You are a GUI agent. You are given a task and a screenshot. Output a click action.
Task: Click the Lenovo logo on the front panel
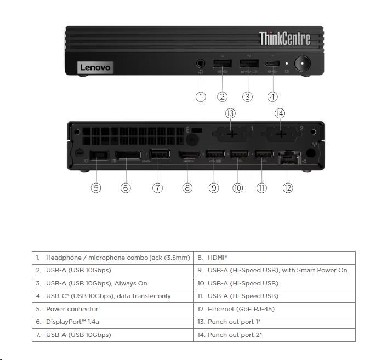(x=95, y=67)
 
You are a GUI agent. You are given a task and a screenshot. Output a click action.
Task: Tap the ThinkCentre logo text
(x=284, y=38)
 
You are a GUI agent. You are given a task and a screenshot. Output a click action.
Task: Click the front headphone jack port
(x=201, y=64)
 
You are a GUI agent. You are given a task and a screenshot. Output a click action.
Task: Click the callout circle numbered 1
(x=201, y=97)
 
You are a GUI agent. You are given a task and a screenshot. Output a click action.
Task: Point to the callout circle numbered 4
(x=272, y=97)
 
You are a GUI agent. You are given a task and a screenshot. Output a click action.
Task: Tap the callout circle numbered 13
(x=230, y=113)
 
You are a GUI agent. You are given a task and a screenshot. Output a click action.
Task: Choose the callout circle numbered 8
(x=187, y=188)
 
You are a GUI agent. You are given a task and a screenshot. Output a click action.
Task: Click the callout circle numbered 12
(x=288, y=188)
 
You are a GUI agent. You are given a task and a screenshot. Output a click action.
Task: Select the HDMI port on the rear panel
(x=188, y=156)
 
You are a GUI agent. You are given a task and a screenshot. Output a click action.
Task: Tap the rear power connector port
(x=99, y=156)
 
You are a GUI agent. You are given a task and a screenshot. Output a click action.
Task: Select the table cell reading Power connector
(x=112, y=309)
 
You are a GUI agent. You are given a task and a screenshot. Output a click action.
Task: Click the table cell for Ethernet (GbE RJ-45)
(x=274, y=309)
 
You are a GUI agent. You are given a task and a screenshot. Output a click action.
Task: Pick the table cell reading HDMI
(x=274, y=258)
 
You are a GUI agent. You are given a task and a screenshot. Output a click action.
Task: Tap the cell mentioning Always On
(x=112, y=283)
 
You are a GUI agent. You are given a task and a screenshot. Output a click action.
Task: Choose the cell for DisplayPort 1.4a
(x=112, y=322)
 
